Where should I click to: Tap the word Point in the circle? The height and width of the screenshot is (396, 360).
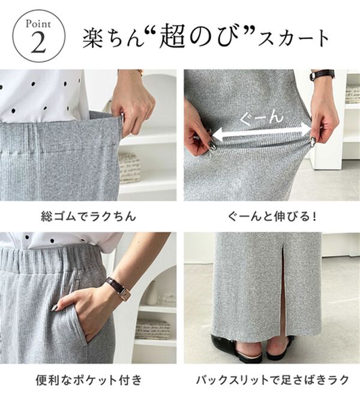pos(37,25)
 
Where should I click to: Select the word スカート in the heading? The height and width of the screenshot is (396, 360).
pos(295,39)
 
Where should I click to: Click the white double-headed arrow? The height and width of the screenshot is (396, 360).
pos(262,131)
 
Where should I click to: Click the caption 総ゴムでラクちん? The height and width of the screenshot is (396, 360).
pos(88,215)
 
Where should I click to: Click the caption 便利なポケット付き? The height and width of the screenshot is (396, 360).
pos(88,379)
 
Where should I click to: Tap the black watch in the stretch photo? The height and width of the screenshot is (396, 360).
pos(322,75)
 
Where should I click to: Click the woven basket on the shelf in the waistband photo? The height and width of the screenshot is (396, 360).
pos(129,168)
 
